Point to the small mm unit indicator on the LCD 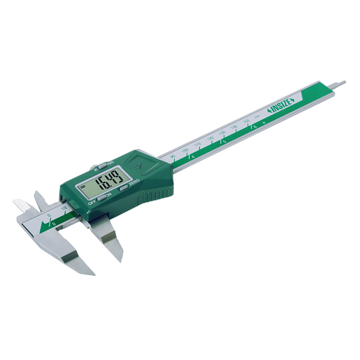tap(83, 186)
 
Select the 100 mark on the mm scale tap(184, 150)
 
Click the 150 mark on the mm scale tap(246, 121)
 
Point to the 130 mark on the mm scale tap(221, 133)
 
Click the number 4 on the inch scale tap(193, 156)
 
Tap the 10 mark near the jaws tap(64, 208)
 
